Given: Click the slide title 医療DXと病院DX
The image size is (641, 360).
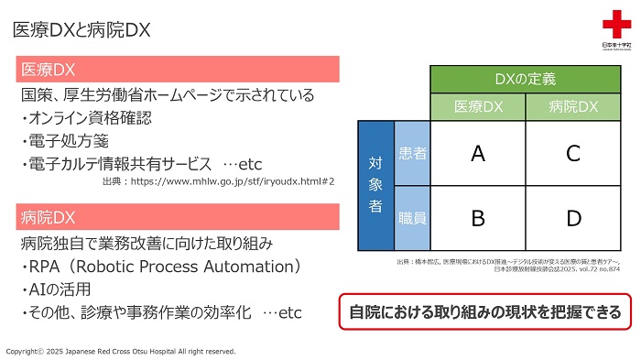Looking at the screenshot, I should coord(81,29).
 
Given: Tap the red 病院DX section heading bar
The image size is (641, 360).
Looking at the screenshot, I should coord(179,218).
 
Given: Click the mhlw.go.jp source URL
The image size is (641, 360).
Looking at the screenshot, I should coord(234,181).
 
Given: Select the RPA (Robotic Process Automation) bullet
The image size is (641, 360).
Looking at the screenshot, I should coord(161,267).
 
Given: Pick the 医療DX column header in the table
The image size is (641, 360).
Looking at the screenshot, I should coord(477,107).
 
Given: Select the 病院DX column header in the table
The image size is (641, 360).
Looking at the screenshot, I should coord(573,107).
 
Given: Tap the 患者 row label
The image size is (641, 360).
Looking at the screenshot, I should coord(412,153).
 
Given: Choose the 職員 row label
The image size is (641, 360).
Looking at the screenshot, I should coord(412,219).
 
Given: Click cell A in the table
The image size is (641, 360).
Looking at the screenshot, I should coord(477,153).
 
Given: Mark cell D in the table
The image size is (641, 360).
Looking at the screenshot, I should coord(573,219).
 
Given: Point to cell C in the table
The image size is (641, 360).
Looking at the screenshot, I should coord(573,153).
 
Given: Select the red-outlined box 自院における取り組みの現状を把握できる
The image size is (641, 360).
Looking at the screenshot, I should coord(484,311).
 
